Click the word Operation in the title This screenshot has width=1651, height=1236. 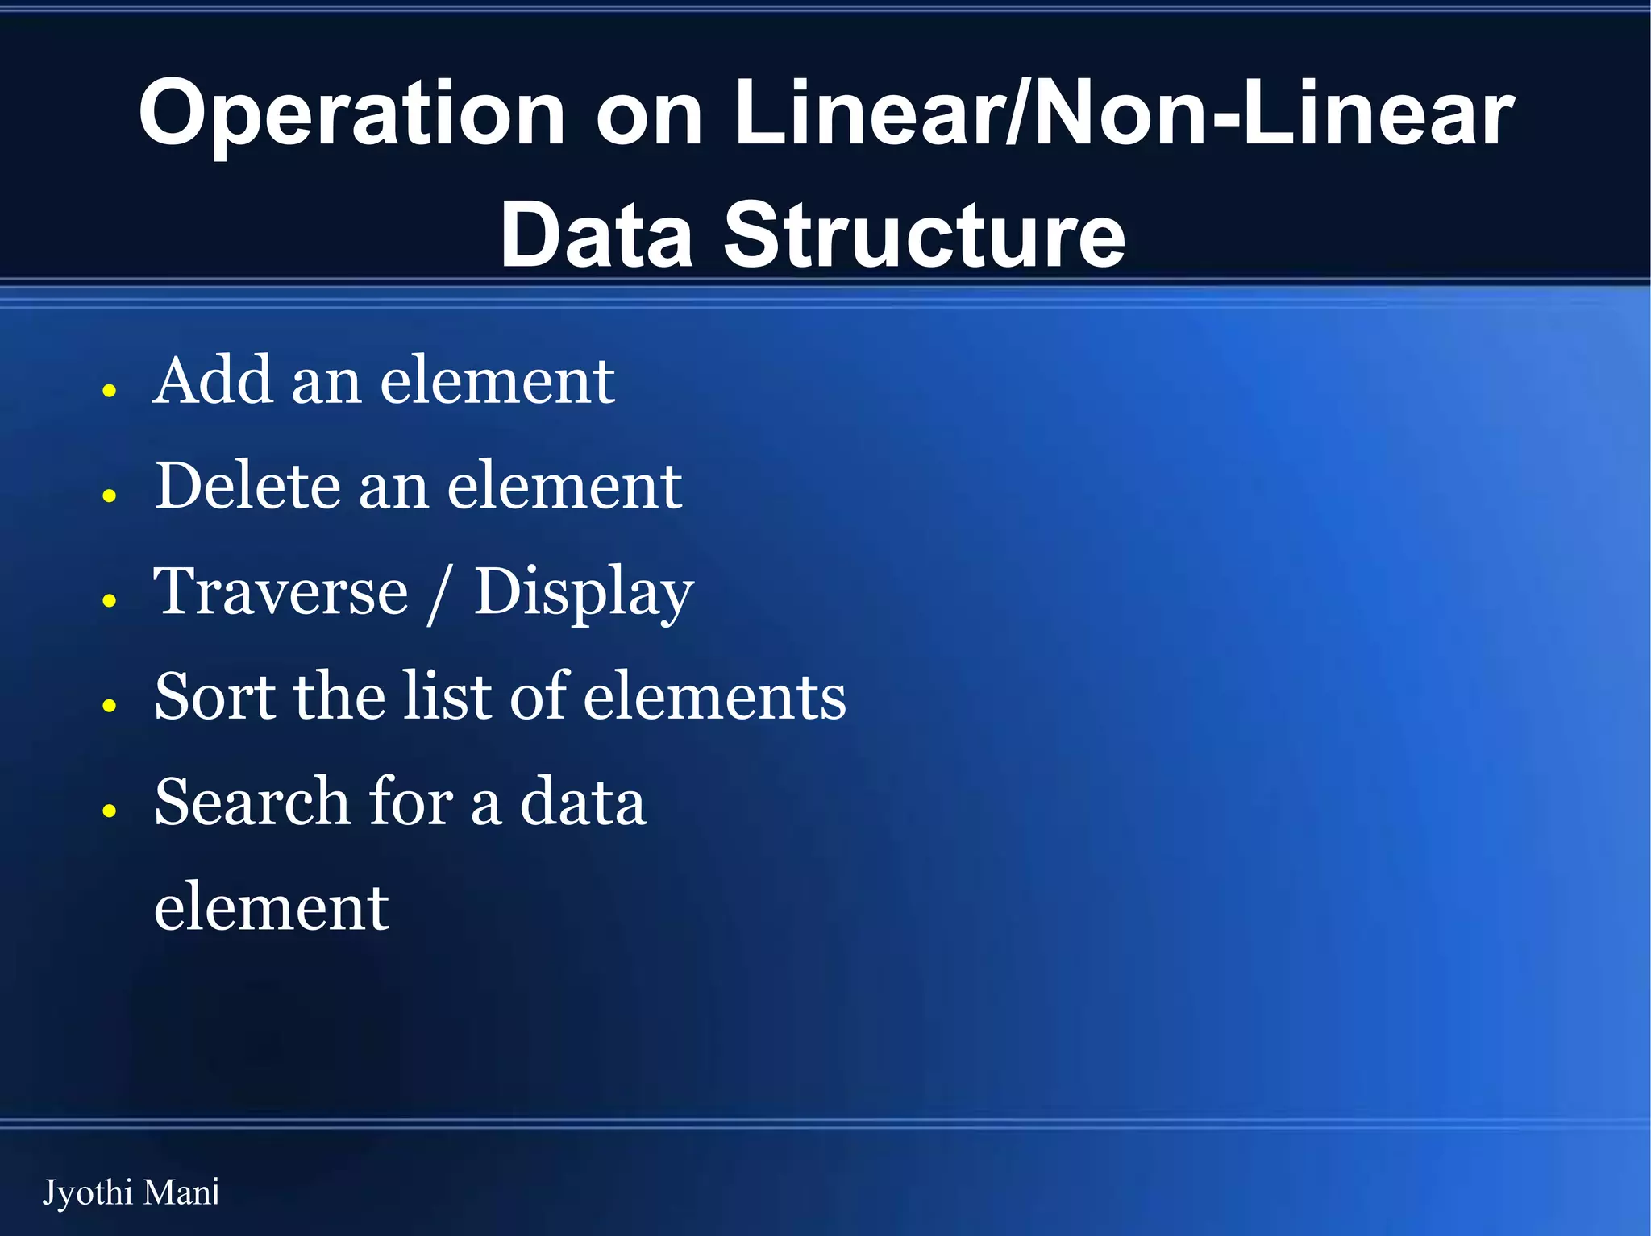pos(352,115)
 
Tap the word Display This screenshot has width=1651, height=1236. pos(583,593)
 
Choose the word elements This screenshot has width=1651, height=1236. pos(714,698)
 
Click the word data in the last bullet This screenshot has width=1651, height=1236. pos(583,802)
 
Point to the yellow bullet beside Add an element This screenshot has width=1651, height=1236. pos(110,391)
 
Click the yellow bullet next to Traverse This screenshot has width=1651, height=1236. pos(110,600)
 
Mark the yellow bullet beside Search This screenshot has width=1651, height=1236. pos(110,810)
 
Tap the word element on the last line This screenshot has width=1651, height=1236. pos(272,907)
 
